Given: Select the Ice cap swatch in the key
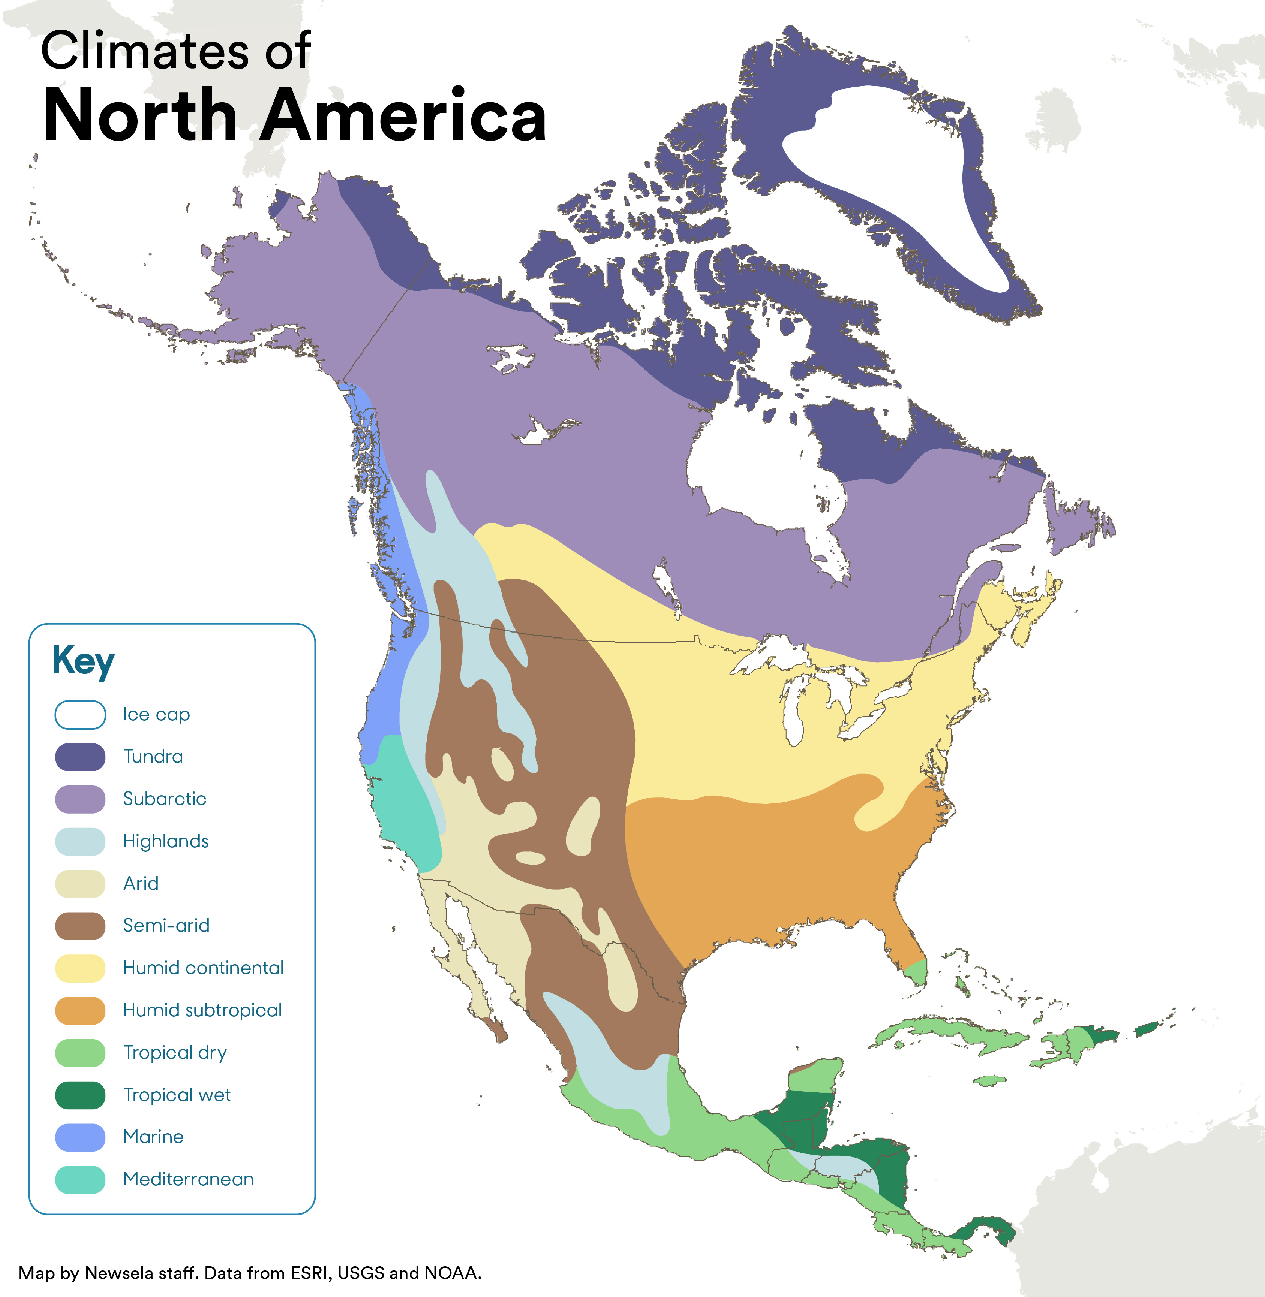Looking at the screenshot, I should (x=80, y=715).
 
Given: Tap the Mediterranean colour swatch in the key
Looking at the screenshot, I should (x=80, y=1179).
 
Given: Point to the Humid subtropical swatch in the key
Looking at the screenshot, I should (x=80, y=1010).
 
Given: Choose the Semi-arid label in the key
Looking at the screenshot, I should (x=166, y=925).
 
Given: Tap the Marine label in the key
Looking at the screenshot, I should (x=153, y=1137).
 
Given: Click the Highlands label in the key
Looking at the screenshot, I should (x=165, y=841).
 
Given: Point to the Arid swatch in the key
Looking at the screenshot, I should (x=80, y=883).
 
